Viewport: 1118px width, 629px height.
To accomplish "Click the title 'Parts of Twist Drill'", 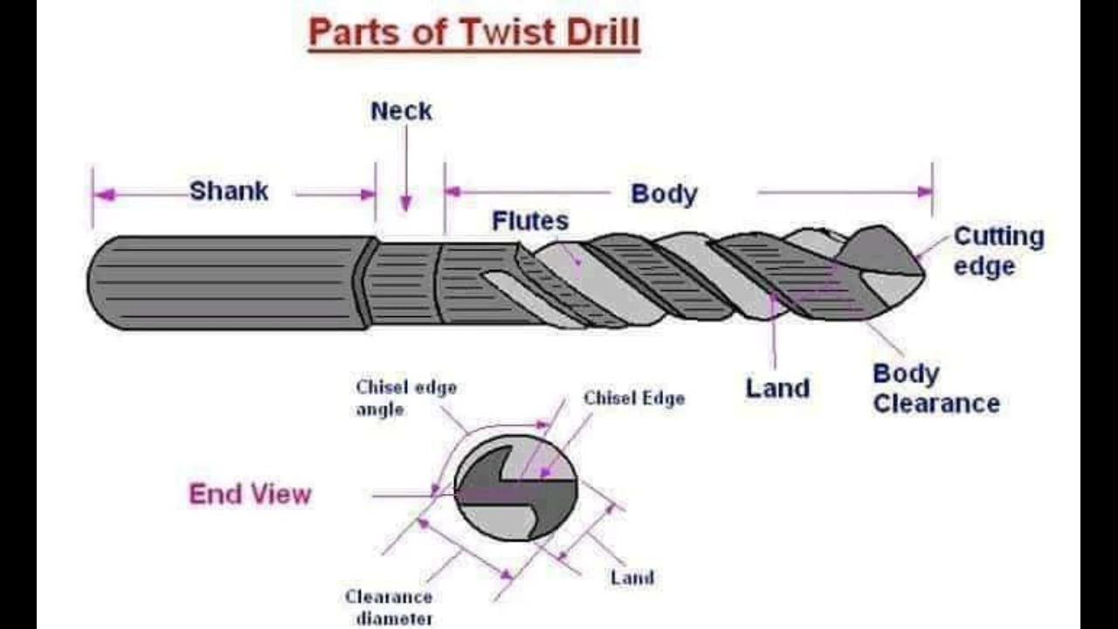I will (474, 33).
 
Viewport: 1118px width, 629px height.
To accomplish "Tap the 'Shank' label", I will (229, 191).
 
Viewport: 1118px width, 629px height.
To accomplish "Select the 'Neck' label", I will (401, 111).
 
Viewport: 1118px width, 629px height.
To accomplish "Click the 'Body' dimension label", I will (664, 194).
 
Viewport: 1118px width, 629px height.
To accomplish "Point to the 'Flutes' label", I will (530, 221).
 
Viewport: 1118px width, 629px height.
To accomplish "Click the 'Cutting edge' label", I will (997, 251).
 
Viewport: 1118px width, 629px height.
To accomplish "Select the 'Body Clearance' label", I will (935, 389).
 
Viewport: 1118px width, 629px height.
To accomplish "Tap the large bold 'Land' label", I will (776, 389).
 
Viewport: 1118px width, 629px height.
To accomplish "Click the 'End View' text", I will (250, 494).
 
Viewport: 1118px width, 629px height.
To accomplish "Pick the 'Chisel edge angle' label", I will (405, 397).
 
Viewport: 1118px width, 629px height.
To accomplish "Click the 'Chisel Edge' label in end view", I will (634, 398).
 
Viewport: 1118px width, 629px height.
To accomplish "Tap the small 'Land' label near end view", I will (631, 577).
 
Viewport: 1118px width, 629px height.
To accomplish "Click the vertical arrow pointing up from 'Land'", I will (774, 332).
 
